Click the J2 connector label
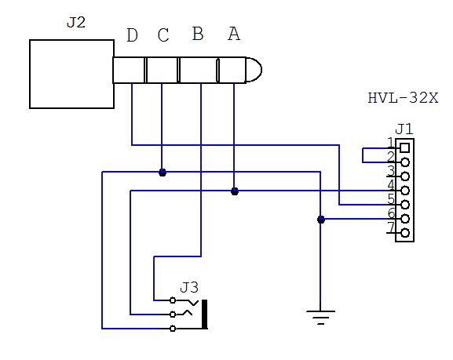coord(76,23)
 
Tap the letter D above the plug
coord(133,35)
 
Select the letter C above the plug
coord(163,35)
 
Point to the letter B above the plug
coord(198,34)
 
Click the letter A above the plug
coord(234,34)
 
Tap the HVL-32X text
coord(403,98)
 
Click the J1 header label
coord(404,129)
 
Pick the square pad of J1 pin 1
coord(405,148)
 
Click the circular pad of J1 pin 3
coord(405,176)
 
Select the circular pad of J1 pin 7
coord(405,233)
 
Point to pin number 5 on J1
coord(391,199)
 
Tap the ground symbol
coord(320,317)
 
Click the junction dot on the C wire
coord(163,173)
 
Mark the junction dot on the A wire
coord(235,191)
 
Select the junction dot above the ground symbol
coord(321,220)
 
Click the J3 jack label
coord(189,288)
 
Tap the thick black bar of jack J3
coord(205,314)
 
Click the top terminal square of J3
coord(173,300)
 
